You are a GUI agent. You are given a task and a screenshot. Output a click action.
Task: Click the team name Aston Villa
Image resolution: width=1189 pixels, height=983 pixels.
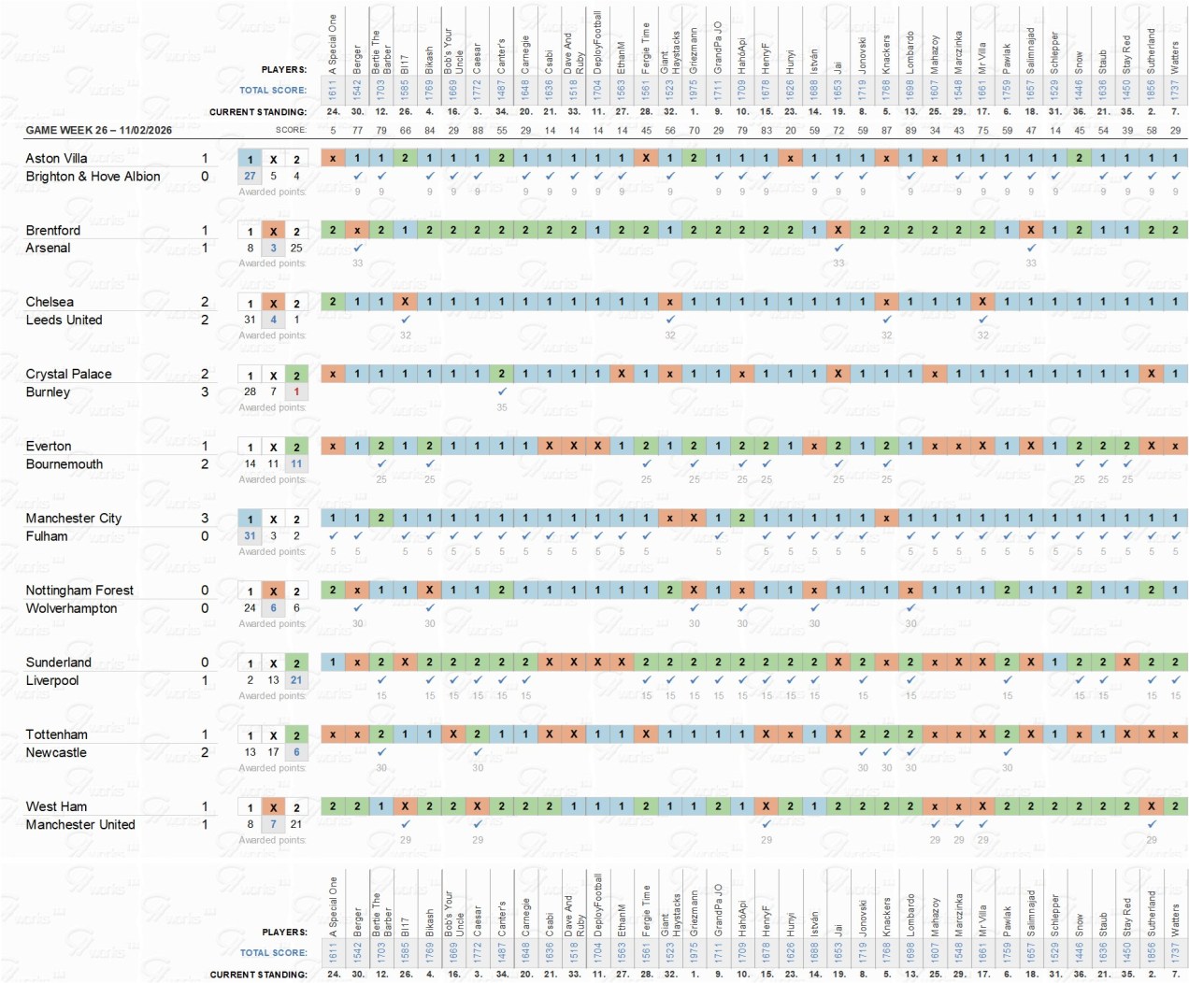tap(56, 159)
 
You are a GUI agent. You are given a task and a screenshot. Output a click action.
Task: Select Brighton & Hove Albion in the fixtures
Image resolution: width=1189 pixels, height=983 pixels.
tap(93, 177)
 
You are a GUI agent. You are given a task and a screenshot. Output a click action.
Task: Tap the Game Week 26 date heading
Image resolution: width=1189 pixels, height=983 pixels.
tap(98, 130)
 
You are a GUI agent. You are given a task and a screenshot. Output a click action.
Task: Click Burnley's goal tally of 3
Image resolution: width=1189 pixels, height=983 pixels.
tap(205, 392)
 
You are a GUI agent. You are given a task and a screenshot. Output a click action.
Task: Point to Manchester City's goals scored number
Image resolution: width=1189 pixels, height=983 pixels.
tap(205, 519)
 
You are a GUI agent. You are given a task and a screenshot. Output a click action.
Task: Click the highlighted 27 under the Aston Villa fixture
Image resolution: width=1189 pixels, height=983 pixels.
tap(250, 176)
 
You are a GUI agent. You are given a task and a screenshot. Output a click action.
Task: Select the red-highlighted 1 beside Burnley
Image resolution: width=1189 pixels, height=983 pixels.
tap(296, 392)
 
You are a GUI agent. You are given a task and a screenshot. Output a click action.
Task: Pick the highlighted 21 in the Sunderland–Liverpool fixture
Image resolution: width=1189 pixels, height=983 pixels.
tap(296, 680)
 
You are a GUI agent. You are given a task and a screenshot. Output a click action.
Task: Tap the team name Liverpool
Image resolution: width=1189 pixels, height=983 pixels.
tap(52, 681)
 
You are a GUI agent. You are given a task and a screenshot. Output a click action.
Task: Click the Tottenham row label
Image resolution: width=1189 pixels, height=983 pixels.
tap(56, 735)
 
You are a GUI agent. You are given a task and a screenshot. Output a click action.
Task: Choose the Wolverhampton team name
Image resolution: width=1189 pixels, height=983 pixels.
tap(71, 608)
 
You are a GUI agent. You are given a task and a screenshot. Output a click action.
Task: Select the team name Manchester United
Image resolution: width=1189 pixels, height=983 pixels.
tap(80, 825)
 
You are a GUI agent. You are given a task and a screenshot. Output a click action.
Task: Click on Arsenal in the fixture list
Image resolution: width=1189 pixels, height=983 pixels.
tap(48, 249)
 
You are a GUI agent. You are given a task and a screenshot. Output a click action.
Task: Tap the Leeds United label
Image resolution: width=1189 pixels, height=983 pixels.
tap(64, 321)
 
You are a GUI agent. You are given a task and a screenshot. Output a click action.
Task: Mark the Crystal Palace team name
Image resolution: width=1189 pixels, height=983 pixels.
tap(68, 375)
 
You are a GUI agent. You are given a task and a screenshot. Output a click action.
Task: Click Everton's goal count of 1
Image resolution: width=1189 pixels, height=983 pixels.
tap(205, 447)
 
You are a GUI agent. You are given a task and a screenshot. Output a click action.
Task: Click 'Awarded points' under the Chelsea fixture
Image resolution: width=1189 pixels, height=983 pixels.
tap(272, 335)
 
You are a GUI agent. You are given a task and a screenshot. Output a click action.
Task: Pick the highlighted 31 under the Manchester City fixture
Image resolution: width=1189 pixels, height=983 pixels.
tap(250, 536)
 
